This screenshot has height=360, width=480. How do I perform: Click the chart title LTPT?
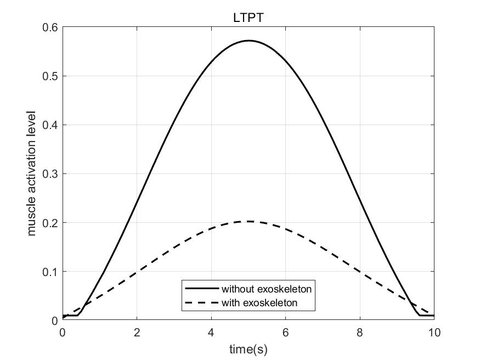click(x=249, y=19)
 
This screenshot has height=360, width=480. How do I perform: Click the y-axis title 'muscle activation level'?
click(x=31, y=173)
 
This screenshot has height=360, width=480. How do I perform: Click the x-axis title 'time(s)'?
click(x=249, y=348)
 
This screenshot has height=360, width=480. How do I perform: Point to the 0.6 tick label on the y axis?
click(x=51, y=27)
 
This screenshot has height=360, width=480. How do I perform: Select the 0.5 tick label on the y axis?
click(x=51, y=76)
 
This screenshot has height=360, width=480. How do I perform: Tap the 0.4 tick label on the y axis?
click(x=51, y=125)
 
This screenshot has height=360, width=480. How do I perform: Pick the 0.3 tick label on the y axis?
click(x=51, y=174)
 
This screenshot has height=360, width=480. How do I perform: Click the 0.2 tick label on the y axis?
click(x=51, y=223)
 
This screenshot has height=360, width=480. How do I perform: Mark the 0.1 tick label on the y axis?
click(x=51, y=272)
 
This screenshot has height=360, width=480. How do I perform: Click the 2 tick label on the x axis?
click(x=137, y=332)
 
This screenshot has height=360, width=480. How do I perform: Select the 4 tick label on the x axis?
click(x=211, y=332)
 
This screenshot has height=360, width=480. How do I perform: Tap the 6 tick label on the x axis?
click(x=285, y=332)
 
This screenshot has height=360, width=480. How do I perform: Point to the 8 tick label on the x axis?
click(x=360, y=332)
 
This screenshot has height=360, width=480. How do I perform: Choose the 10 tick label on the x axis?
click(x=434, y=332)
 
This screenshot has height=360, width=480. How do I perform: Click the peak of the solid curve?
click(x=249, y=41)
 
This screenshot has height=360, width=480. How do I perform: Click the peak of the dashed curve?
click(x=249, y=221)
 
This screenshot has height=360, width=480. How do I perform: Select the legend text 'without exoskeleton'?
click(x=267, y=288)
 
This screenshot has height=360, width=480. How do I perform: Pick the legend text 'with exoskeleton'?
click(x=260, y=302)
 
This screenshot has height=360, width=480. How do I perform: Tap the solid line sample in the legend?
click(x=201, y=288)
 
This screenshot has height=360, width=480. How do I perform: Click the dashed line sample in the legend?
click(x=201, y=302)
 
